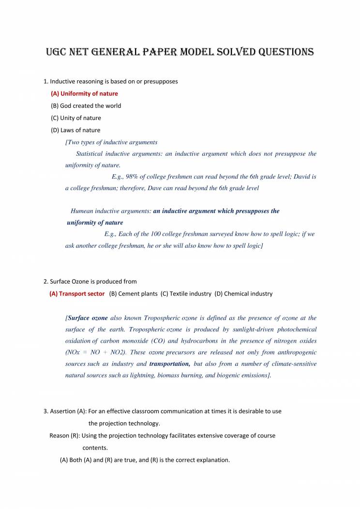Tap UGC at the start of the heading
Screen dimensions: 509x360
click(58, 52)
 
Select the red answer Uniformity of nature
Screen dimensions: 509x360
click(84, 93)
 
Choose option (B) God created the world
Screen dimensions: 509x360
click(86, 105)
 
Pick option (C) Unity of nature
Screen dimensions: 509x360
click(76, 118)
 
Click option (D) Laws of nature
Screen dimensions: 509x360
click(75, 130)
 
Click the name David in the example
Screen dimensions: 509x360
click(299, 177)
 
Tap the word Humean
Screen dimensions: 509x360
click(84, 211)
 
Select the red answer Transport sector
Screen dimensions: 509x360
click(77, 293)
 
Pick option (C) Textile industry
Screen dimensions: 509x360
click(186, 293)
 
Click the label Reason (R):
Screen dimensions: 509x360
click(65, 435)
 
